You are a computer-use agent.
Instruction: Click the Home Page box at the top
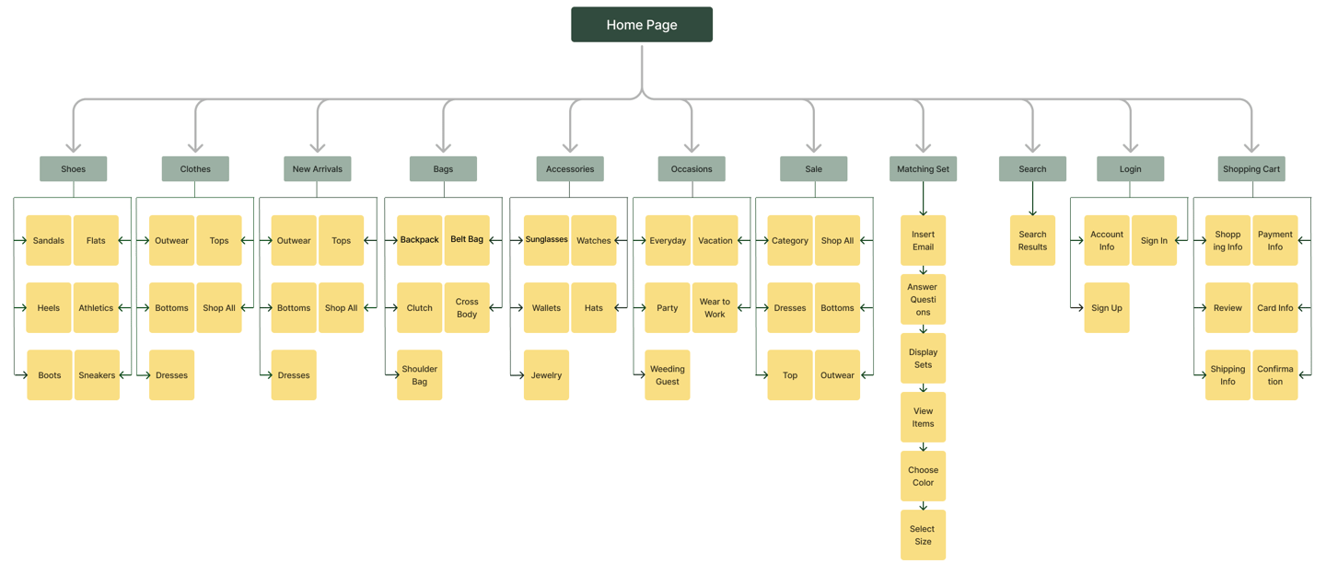[642, 24]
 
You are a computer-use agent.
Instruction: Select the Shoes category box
[74, 168]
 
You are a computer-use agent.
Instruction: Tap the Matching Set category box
[923, 168]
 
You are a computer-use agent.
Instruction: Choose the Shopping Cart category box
[1251, 168]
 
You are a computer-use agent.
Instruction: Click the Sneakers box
[97, 375]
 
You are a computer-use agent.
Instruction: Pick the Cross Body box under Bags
[467, 307]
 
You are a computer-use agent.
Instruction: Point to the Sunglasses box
[546, 240]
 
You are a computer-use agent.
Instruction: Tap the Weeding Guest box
[667, 375]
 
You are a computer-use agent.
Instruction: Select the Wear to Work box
[715, 307]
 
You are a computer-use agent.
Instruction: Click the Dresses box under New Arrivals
[294, 375]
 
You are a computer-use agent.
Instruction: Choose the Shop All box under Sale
[838, 240]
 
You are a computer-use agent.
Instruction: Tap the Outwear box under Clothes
[171, 240]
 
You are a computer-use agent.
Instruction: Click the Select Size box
[923, 534]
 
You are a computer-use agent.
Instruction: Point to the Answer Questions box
[923, 299]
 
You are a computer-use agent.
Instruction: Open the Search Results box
[1032, 240]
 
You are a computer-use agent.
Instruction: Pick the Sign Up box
[1107, 307]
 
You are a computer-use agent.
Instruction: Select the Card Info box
[1275, 307]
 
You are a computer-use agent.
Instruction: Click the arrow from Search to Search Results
[1032, 198]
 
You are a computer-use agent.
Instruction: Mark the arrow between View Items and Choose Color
[923, 446]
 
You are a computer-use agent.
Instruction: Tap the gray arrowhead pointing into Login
[1131, 147]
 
